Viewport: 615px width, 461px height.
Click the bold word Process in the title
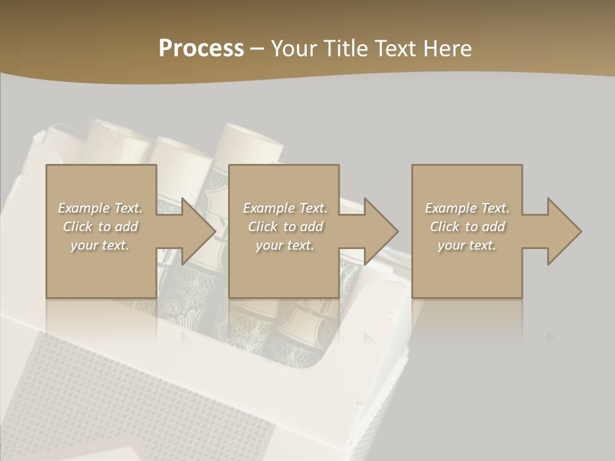tap(201, 49)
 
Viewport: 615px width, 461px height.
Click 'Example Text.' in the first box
tap(100, 208)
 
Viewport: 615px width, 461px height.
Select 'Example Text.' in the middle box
tap(284, 208)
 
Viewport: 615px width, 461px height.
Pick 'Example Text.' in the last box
tap(467, 208)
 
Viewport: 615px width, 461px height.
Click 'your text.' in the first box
tap(100, 245)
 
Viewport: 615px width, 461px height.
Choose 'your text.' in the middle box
tap(284, 245)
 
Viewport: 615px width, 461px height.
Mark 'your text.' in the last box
tap(467, 245)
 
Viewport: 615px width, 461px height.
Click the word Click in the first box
tap(78, 227)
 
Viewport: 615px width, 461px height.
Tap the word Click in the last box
tap(445, 227)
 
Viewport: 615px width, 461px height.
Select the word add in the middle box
tap(311, 227)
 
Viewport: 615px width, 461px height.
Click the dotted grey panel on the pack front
tap(128, 397)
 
